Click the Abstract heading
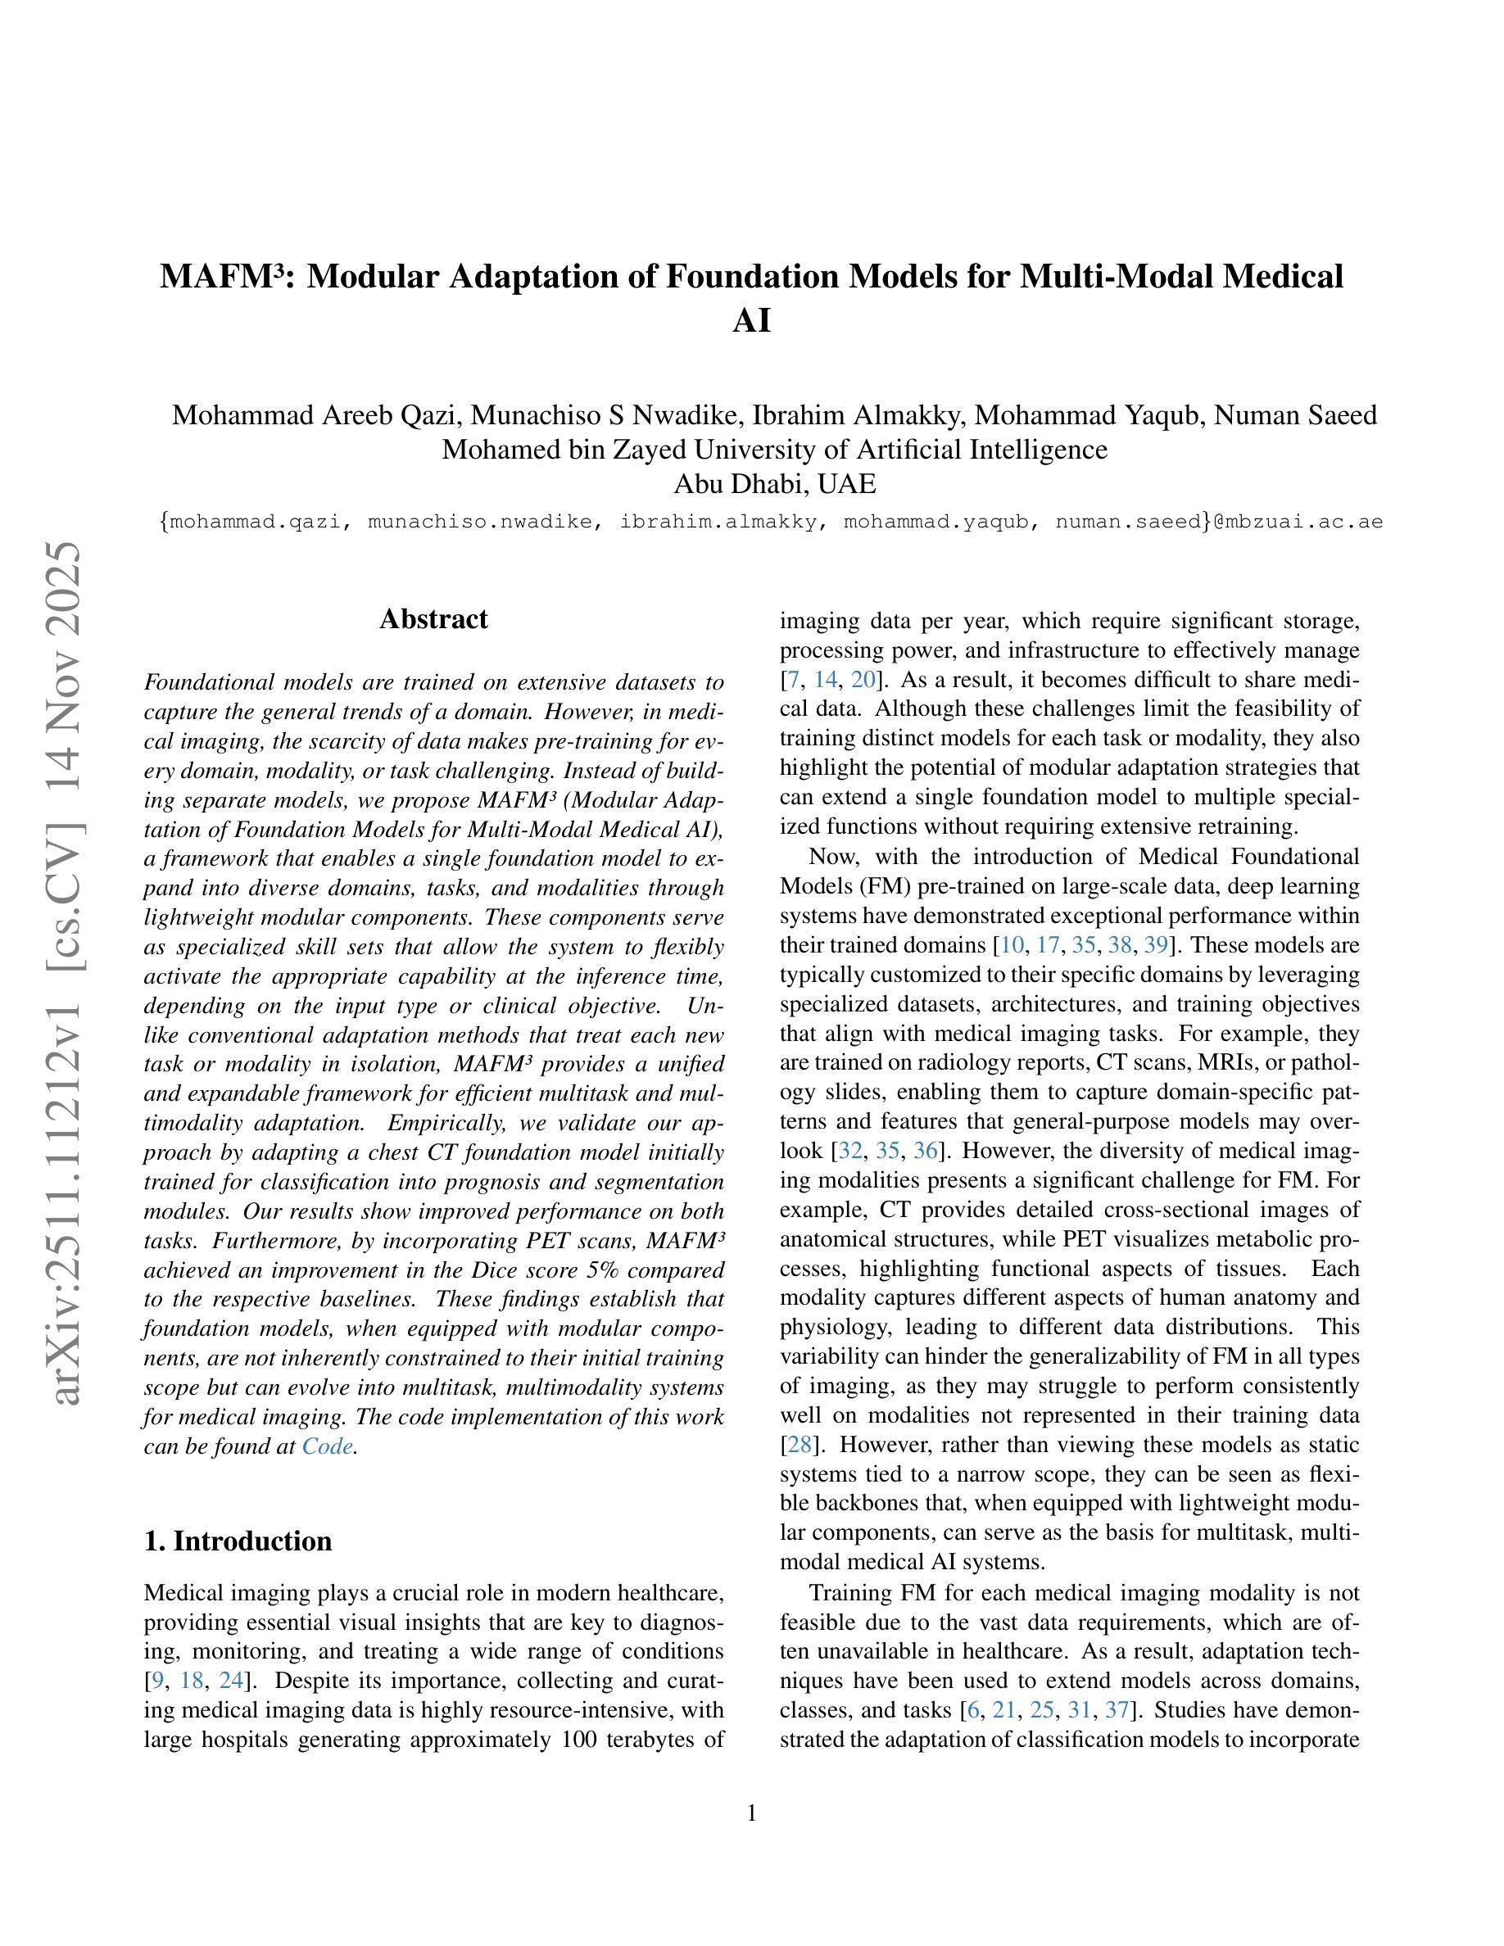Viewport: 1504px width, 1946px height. coord(433,618)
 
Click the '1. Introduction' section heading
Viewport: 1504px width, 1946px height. coord(238,1541)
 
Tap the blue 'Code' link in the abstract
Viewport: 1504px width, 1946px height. coord(327,1446)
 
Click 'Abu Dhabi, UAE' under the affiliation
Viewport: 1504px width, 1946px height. coord(774,484)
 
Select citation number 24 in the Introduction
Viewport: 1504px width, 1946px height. coord(232,1681)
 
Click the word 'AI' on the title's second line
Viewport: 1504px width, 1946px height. coord(751,321)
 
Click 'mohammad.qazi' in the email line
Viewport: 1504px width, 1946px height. coord(255,521)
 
